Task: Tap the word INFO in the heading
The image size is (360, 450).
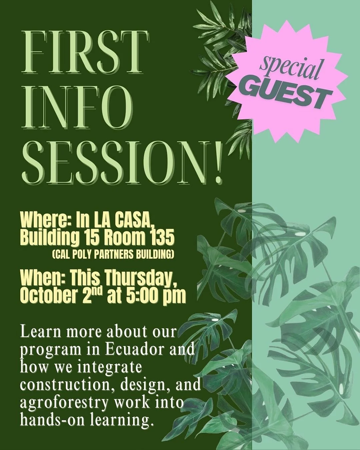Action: coord(77,107)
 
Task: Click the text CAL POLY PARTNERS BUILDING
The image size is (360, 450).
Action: coord(113,255)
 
